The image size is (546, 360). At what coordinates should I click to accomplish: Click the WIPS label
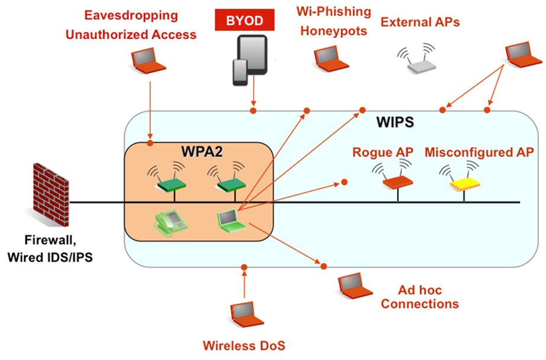coord(394,124)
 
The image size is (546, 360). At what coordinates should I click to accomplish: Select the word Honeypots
coord(334,30)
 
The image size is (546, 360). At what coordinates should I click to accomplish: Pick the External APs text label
coord(420,22)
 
